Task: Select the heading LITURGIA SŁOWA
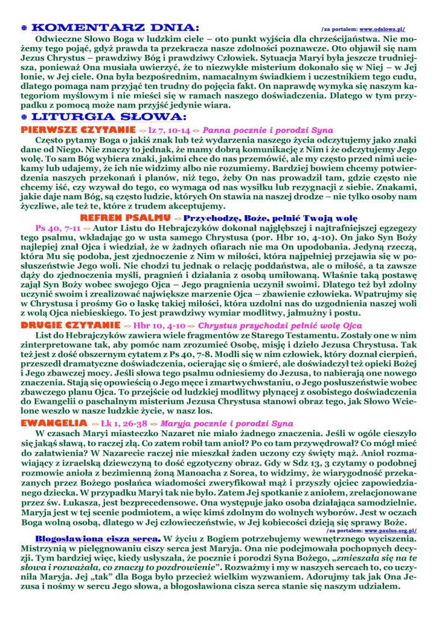click(109, 115)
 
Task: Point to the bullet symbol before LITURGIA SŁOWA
click(24, 116)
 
